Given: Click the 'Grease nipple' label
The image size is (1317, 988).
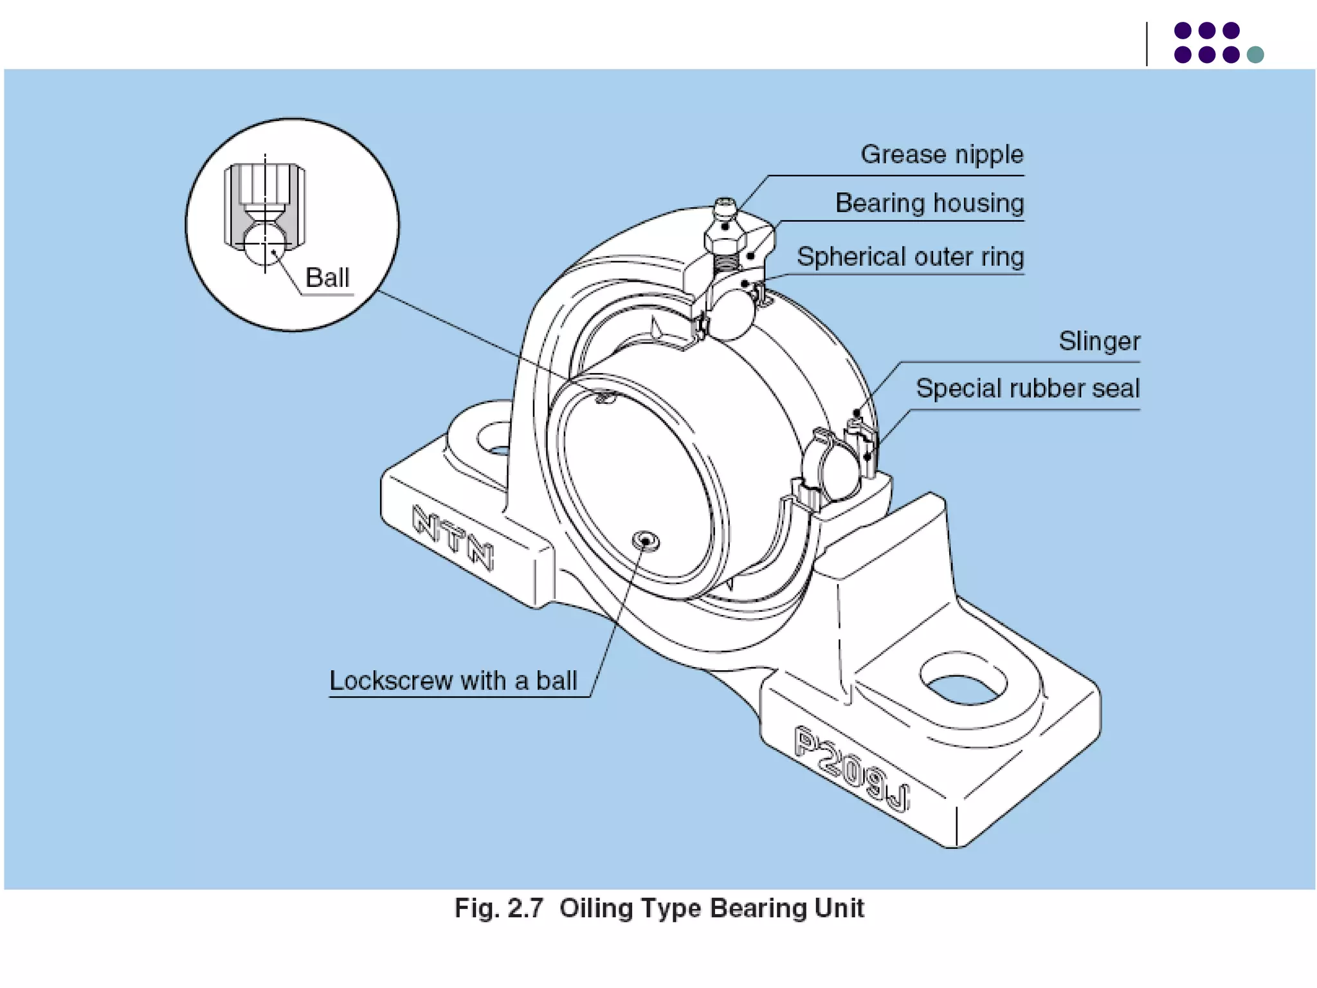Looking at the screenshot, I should pyautogui.click(x=941, y=155).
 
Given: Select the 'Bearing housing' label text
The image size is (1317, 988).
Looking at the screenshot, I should pyautogui.click(x=929, y=203).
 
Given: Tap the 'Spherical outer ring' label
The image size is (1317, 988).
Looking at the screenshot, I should pyautogui.click(x=910, y=257).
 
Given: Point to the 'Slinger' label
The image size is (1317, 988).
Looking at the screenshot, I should pyautogui.click(x=1099, y=341).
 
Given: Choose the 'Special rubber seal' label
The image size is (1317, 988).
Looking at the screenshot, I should pyautogui.click(x=1027, y=389).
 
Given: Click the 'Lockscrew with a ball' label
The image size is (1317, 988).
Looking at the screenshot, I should pyautogui.click(x=453, y=681).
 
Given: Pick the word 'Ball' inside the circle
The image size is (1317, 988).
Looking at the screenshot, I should pyautogui.click(x=327, y=278).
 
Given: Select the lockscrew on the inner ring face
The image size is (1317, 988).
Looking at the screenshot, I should pyautogui.click(x=645, y=541).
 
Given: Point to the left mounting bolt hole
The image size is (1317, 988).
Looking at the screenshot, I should pyautogui.click(x=495, y=439).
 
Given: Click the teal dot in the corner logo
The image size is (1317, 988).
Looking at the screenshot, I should pyautogui.click(x=1255, y=55).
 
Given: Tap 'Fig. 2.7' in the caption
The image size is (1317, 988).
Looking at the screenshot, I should pyautogui.click(x=498, y=908).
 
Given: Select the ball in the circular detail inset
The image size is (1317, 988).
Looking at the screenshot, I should pyautogui.click(x=264, y=243).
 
